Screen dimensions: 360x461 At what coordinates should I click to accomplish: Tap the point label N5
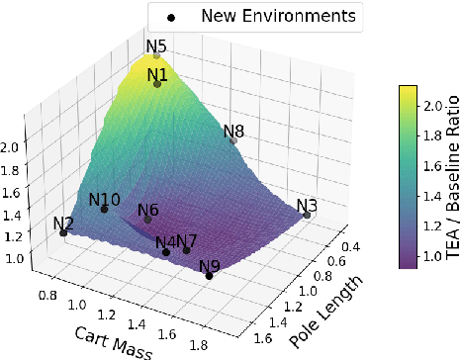(x=156, y=45)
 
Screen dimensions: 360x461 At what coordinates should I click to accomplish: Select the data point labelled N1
(x=157, y=84)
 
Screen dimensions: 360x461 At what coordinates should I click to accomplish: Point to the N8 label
(x=233, y=131)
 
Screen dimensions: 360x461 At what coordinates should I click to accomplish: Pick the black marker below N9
(x=209, y=276)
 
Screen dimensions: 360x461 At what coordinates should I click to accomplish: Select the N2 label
(x=64, y=223)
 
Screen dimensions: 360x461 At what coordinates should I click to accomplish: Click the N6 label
(x=148, y=210)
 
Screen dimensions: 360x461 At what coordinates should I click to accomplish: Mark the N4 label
(x=165, y=241)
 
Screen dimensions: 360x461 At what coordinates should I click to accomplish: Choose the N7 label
(x=186, y=240)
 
